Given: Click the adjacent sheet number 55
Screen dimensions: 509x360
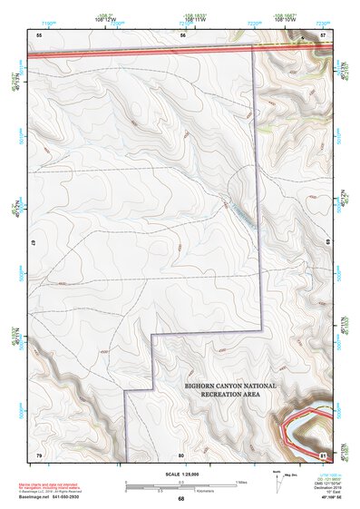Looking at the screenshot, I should [39, 34].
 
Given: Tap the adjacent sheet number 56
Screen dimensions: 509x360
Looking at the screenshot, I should [182, 34].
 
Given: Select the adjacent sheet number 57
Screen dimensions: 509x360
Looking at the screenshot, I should [323, 34].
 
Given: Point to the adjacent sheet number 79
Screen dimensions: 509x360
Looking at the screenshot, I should [39, 454].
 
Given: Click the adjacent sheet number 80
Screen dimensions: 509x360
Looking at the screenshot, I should [181, 454].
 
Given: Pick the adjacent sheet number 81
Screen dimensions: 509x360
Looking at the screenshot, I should [323, 454].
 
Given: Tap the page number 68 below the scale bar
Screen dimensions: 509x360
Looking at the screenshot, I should [181, 499].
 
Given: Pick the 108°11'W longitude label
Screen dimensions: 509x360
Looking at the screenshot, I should [193, 18].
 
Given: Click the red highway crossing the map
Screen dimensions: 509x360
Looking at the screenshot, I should [136, 54].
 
